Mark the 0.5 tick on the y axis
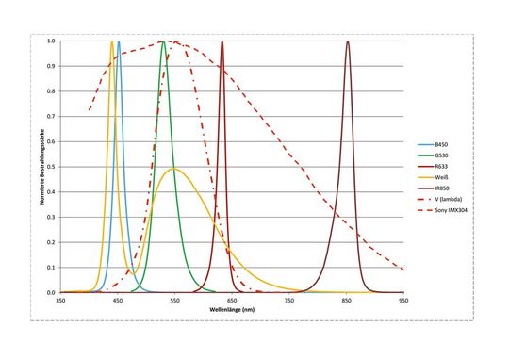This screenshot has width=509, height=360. [x=52, y=167]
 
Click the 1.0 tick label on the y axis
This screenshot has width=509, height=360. [x=52, y=41]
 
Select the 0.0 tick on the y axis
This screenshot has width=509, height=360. [x=52, y=292]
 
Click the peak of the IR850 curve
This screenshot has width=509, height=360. [x=348, y=41]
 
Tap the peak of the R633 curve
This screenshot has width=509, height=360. [x=222, y=41]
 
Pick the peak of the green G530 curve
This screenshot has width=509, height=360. [x=164, y=41]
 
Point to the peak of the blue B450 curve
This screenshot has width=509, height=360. [x=118, y=41]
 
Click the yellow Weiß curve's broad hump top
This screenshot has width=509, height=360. [x=172, y=169]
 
